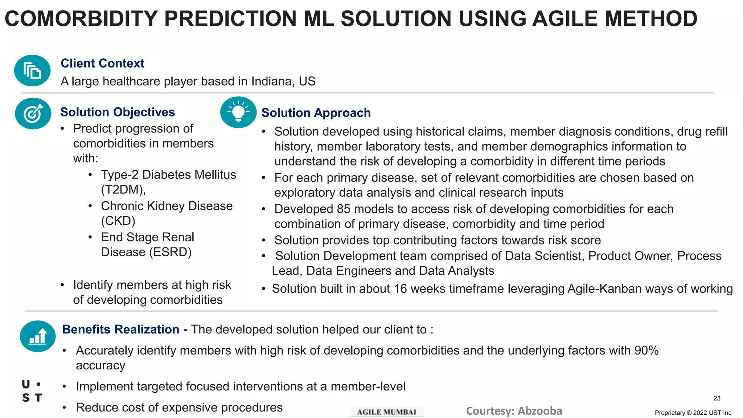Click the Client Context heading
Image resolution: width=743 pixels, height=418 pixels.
click(x=102, y=63)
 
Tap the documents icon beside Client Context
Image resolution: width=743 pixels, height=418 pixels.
click(x=32, y=71)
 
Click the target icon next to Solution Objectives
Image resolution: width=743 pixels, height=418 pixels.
click(x=33, y=114)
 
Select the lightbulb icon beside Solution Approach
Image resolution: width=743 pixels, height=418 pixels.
click(x=238, y=112)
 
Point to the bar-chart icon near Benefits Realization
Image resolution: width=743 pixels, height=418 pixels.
click(x=38, y=336)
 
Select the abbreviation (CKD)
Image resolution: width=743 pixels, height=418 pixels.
click(x=118, y=221)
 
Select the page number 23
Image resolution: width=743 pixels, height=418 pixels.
click(x=717, y=398)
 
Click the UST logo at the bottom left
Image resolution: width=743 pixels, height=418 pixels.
click(x=32, y=391)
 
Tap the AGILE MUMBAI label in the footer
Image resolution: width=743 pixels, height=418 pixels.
click(x=386, y=412)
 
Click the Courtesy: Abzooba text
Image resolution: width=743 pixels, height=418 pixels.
click(x=514, y=411)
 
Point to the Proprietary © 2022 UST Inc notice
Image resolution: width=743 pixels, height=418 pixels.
click(x=693, y=413)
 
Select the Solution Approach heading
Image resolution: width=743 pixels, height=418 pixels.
click(x=316, y=113)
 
